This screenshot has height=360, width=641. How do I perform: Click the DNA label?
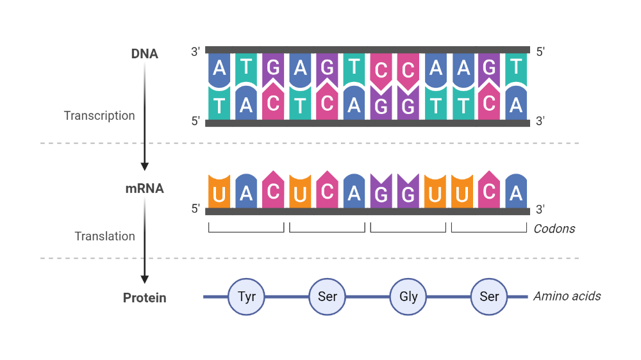pos(144,54)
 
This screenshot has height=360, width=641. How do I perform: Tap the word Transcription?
pos(99,116)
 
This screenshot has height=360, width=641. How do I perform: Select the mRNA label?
pos(144,189)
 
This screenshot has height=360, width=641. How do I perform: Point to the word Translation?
pos(104,236)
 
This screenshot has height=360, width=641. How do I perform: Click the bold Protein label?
pos(144,298)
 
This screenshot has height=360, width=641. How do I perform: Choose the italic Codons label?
pos(554,229)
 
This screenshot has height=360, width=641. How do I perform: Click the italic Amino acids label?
pos(567,296)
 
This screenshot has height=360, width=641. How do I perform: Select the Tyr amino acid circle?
pos(247,297)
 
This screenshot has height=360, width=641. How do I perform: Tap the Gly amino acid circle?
pos(408,297)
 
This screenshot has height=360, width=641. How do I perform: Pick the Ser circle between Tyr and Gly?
pos(328,297)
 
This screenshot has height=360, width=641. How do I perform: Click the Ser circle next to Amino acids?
pos(489,297)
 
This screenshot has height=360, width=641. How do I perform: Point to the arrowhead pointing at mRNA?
pos(145,166)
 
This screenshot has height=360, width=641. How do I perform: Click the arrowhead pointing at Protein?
pos(145,279)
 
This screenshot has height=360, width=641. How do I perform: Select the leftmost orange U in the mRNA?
pos(219,194)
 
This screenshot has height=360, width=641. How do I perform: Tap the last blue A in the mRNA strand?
pos(516,194)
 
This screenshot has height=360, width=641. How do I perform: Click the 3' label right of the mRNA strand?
pos(540,209)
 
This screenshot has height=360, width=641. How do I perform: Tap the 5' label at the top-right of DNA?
pos(540,52)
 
